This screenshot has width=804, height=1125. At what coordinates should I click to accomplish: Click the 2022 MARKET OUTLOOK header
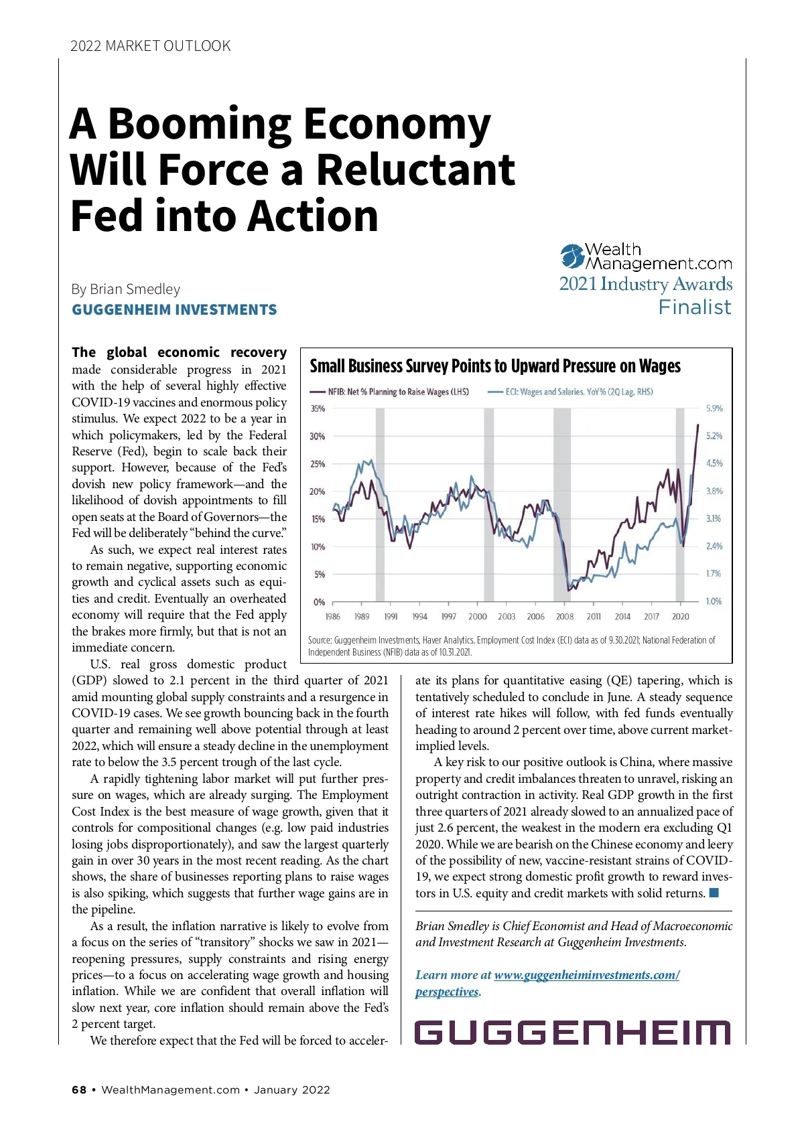point(150,46)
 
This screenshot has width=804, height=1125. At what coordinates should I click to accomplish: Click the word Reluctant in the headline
point(415,169)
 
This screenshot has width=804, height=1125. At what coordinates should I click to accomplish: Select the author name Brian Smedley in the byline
point(135,289)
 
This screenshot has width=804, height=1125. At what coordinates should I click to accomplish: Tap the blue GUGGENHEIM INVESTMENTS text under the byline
point(174,310)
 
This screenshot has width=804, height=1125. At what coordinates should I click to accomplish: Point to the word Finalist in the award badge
point(694,307)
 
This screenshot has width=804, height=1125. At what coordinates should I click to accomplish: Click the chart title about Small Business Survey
point(494,366)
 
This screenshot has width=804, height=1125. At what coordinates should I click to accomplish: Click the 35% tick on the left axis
point(318,408)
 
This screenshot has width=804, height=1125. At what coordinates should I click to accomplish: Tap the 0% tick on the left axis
point(320,602)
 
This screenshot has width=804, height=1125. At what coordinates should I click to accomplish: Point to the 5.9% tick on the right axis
point(714,408)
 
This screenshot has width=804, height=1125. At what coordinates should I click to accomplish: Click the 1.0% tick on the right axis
point(714,601)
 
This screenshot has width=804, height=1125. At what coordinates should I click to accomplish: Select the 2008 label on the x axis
point(565,617)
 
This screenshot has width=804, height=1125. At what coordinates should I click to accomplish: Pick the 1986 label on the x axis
point(332,617)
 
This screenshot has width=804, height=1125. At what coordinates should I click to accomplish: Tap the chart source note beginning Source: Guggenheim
point(511,646)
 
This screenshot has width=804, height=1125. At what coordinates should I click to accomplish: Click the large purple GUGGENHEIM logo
point(572,1032)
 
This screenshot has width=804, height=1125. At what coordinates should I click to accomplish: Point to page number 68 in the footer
point(79,1090)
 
